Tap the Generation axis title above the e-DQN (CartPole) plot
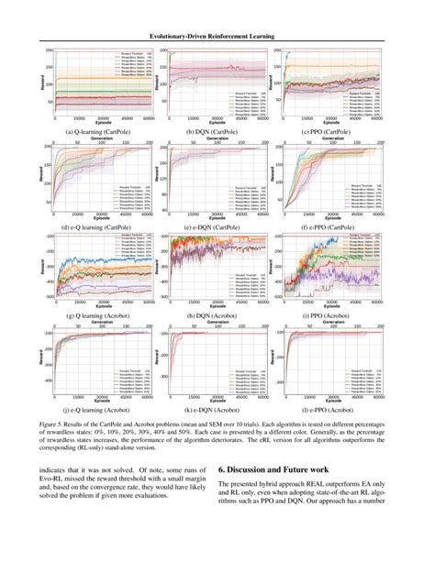coord(218,139)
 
